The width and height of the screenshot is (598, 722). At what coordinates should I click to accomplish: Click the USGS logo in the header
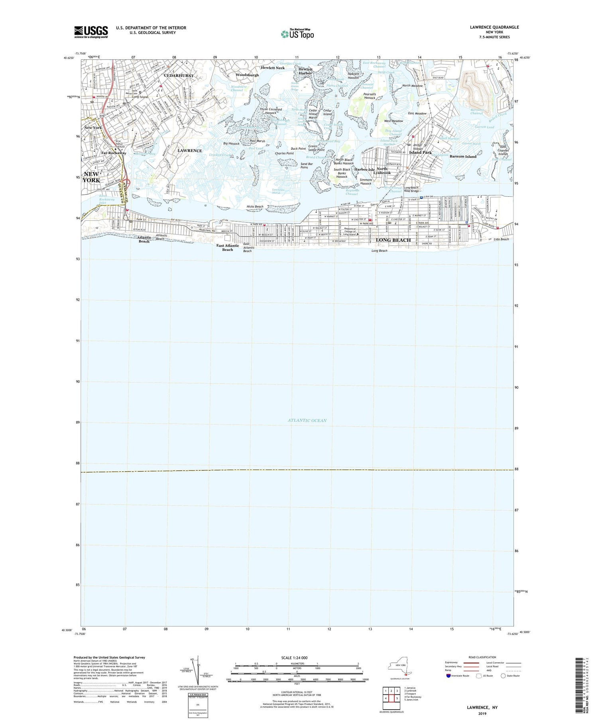point(91,32)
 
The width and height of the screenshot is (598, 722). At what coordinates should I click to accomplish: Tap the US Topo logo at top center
point(297,34)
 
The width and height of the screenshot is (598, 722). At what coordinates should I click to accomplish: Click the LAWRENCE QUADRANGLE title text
point(494,27)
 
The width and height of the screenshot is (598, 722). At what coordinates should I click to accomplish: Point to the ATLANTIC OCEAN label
point(307,421)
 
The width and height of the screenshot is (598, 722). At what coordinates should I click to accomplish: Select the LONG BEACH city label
point(393,240)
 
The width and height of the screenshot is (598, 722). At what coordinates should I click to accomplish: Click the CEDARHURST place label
point(179,76)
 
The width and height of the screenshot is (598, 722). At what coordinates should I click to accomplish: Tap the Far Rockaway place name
point(114,153)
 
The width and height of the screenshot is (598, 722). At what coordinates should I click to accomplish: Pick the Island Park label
point(421,153)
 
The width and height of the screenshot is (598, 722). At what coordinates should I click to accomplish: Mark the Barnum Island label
point(463,157)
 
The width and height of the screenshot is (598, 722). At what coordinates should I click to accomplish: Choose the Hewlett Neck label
point(273,68)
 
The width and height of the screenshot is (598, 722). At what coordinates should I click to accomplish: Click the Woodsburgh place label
point(247,75)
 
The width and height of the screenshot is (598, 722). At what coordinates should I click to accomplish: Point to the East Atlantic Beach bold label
point(228,247)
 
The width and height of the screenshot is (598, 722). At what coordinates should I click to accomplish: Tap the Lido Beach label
point(501,239)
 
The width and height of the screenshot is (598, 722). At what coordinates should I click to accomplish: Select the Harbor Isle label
point(364,170)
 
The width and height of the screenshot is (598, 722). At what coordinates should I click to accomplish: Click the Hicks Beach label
point(255,207)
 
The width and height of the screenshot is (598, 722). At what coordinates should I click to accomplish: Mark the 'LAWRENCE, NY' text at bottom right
point(482,708)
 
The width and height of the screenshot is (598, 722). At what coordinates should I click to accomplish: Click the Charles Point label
point(284,153)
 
